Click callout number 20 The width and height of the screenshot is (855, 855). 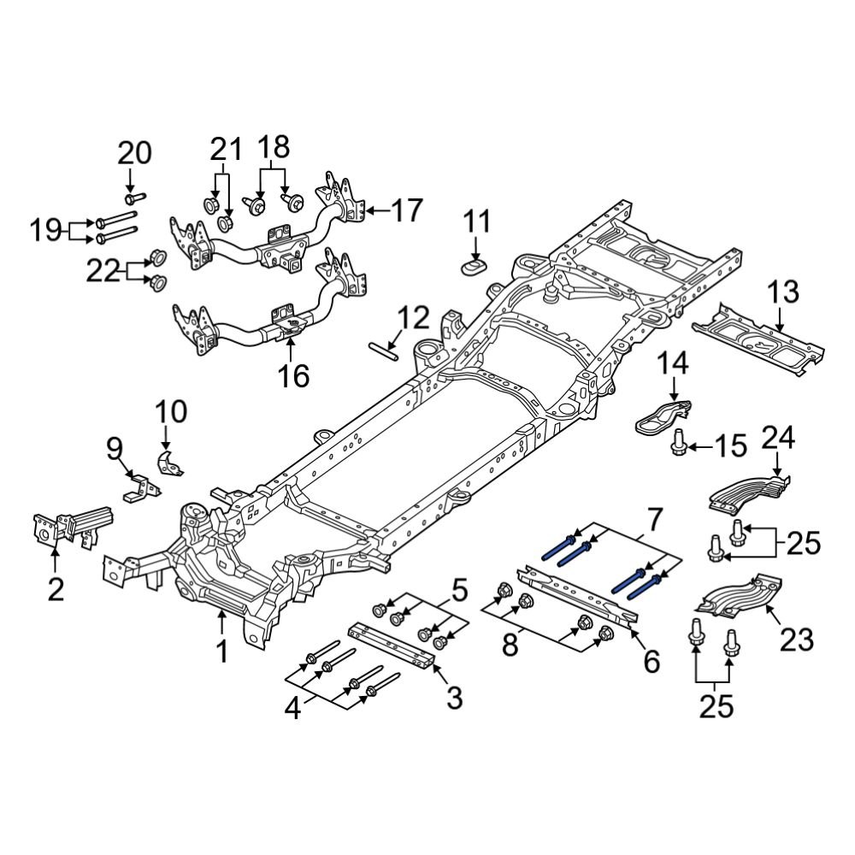[x=134, y=154]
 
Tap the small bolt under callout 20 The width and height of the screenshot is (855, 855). [x=131, y=199]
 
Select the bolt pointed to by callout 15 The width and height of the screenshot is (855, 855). [x=680, y=443]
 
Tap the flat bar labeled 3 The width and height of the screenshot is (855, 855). [x=392, y=646]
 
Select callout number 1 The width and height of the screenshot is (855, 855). [x=221, y=652]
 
